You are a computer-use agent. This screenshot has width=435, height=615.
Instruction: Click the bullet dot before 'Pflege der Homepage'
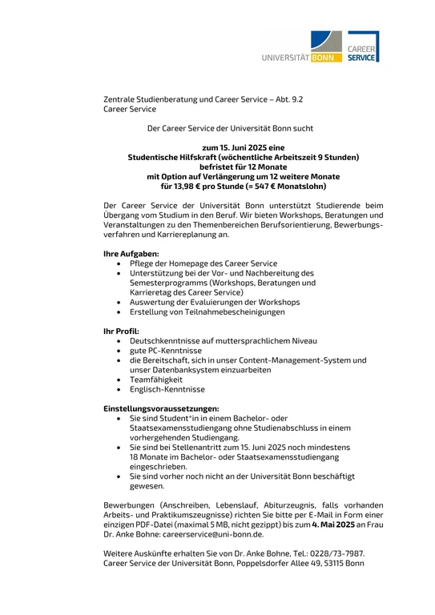119,264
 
